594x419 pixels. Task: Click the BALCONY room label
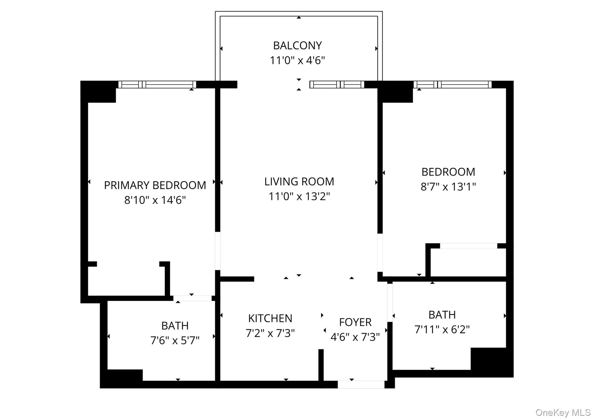pos(297,45)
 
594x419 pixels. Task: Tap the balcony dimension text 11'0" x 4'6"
pos(297,61)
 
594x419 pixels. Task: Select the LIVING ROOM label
pos(299,182)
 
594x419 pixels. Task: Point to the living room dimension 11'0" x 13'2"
pos(299,196)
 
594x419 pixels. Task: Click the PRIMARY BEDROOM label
pos(155,185)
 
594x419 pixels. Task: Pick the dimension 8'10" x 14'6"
pos(155,200)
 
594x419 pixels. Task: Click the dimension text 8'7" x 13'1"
pos(448,187)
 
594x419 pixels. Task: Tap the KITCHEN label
pos(270,318)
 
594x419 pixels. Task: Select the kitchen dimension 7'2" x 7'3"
pos(270,333)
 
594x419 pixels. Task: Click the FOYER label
pos(355,322)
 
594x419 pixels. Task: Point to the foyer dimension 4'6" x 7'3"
pos(355,337)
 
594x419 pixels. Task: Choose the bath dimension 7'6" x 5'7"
pos(175,340)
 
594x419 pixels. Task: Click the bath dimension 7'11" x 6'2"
pos(442,329)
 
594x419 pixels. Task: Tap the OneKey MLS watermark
pos(563,412)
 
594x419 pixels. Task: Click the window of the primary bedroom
pos(157,84)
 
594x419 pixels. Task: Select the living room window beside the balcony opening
pos(337,84)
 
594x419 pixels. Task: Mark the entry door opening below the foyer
pos(361,385)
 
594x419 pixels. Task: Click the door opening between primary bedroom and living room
pos(218,251)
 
